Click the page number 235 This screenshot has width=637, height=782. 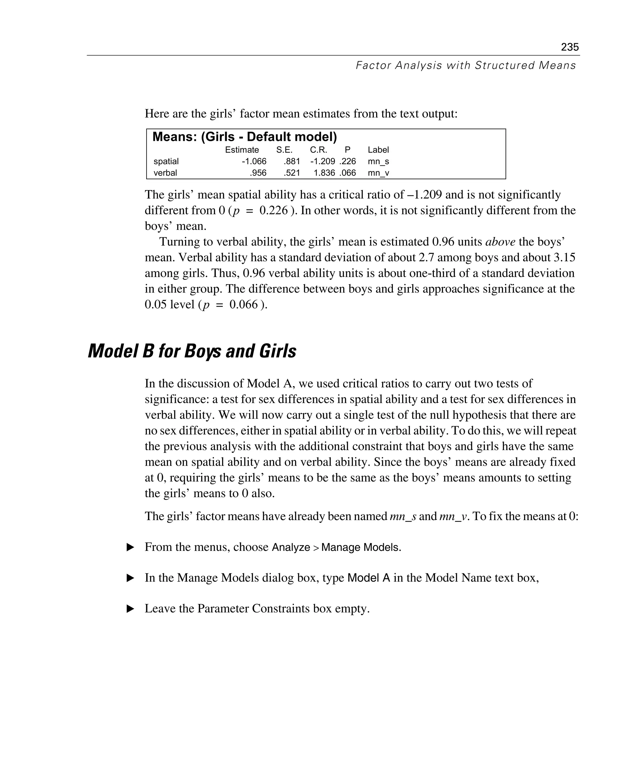pyautogui.click(x=570, y=47)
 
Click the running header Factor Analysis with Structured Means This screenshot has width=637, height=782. pyautogui.click(x=466, y=65)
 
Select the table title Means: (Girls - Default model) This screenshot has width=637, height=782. pyautogui.click(x=244, y=137)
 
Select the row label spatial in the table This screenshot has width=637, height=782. pyautogui.click(x=166, y=161)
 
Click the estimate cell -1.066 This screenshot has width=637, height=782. pyautogui.click(x=254, y=161)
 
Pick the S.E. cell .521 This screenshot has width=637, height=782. pyautogui.click(x=292, y=173)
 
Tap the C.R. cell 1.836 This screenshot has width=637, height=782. pyautogui.click(x=324, y=173)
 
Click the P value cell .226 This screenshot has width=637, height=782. pyautogui.click(x=347, y=161)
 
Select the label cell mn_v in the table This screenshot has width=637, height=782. pyautogui.click(x=378, y=173)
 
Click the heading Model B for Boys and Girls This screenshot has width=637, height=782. pyautogui.click(x=192, y=351)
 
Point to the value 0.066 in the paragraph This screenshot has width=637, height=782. pyautogui.click(x=244, y=305)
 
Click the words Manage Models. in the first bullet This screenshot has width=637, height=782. pyautogui.click(x=361, y=547)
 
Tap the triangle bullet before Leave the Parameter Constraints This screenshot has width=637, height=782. pyautogui.click(x=130, y=609)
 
